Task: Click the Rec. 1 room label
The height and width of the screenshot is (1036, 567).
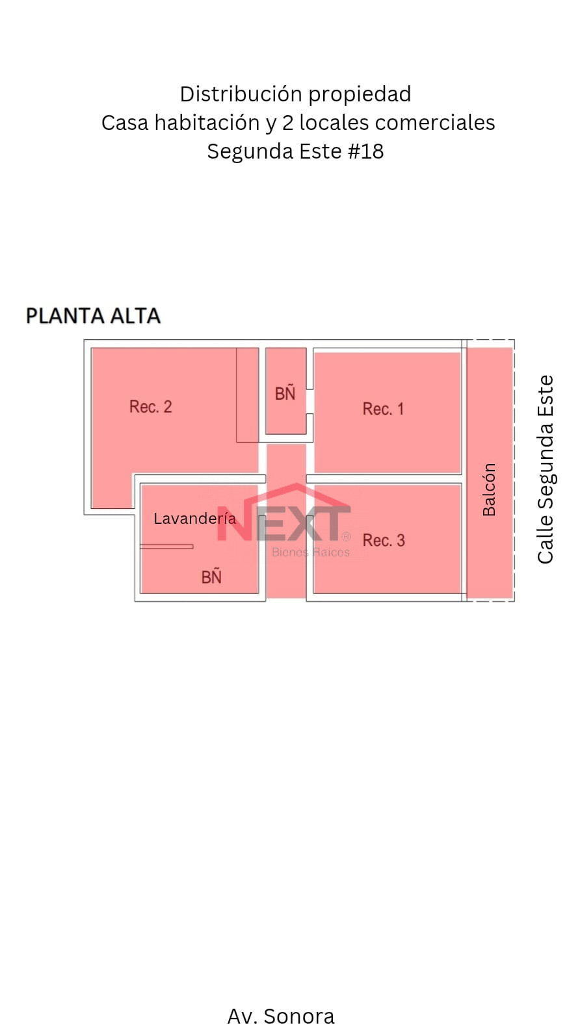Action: (x=383, y=409)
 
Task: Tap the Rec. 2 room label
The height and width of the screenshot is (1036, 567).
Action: (x=150, y=407)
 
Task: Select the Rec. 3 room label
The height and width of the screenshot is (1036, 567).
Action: (x=384, y=540)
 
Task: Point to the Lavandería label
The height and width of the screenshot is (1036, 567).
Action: (x=194, y=519)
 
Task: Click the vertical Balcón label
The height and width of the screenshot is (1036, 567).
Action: (x=489, y=489)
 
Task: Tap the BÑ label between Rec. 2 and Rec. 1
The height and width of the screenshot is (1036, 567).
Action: (x=285, y=393)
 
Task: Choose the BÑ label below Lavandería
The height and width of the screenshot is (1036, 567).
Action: (x=211, y=576)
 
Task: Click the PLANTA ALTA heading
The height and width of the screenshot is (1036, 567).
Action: (x=93, y=316)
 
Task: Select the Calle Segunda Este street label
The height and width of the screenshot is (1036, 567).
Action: (x=546, y=469)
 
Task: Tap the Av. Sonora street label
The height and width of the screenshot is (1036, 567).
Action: (x=281, y=1016)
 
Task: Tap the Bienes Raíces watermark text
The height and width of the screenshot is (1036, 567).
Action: (x=311, y=552)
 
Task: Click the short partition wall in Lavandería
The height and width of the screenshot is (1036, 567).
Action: (x=166, y=547)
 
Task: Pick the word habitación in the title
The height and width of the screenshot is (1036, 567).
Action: (x=207, y=123)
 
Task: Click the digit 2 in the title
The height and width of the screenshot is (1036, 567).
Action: (x=288, y=123)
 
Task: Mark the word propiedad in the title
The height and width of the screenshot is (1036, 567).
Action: (x=360, y=95)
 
